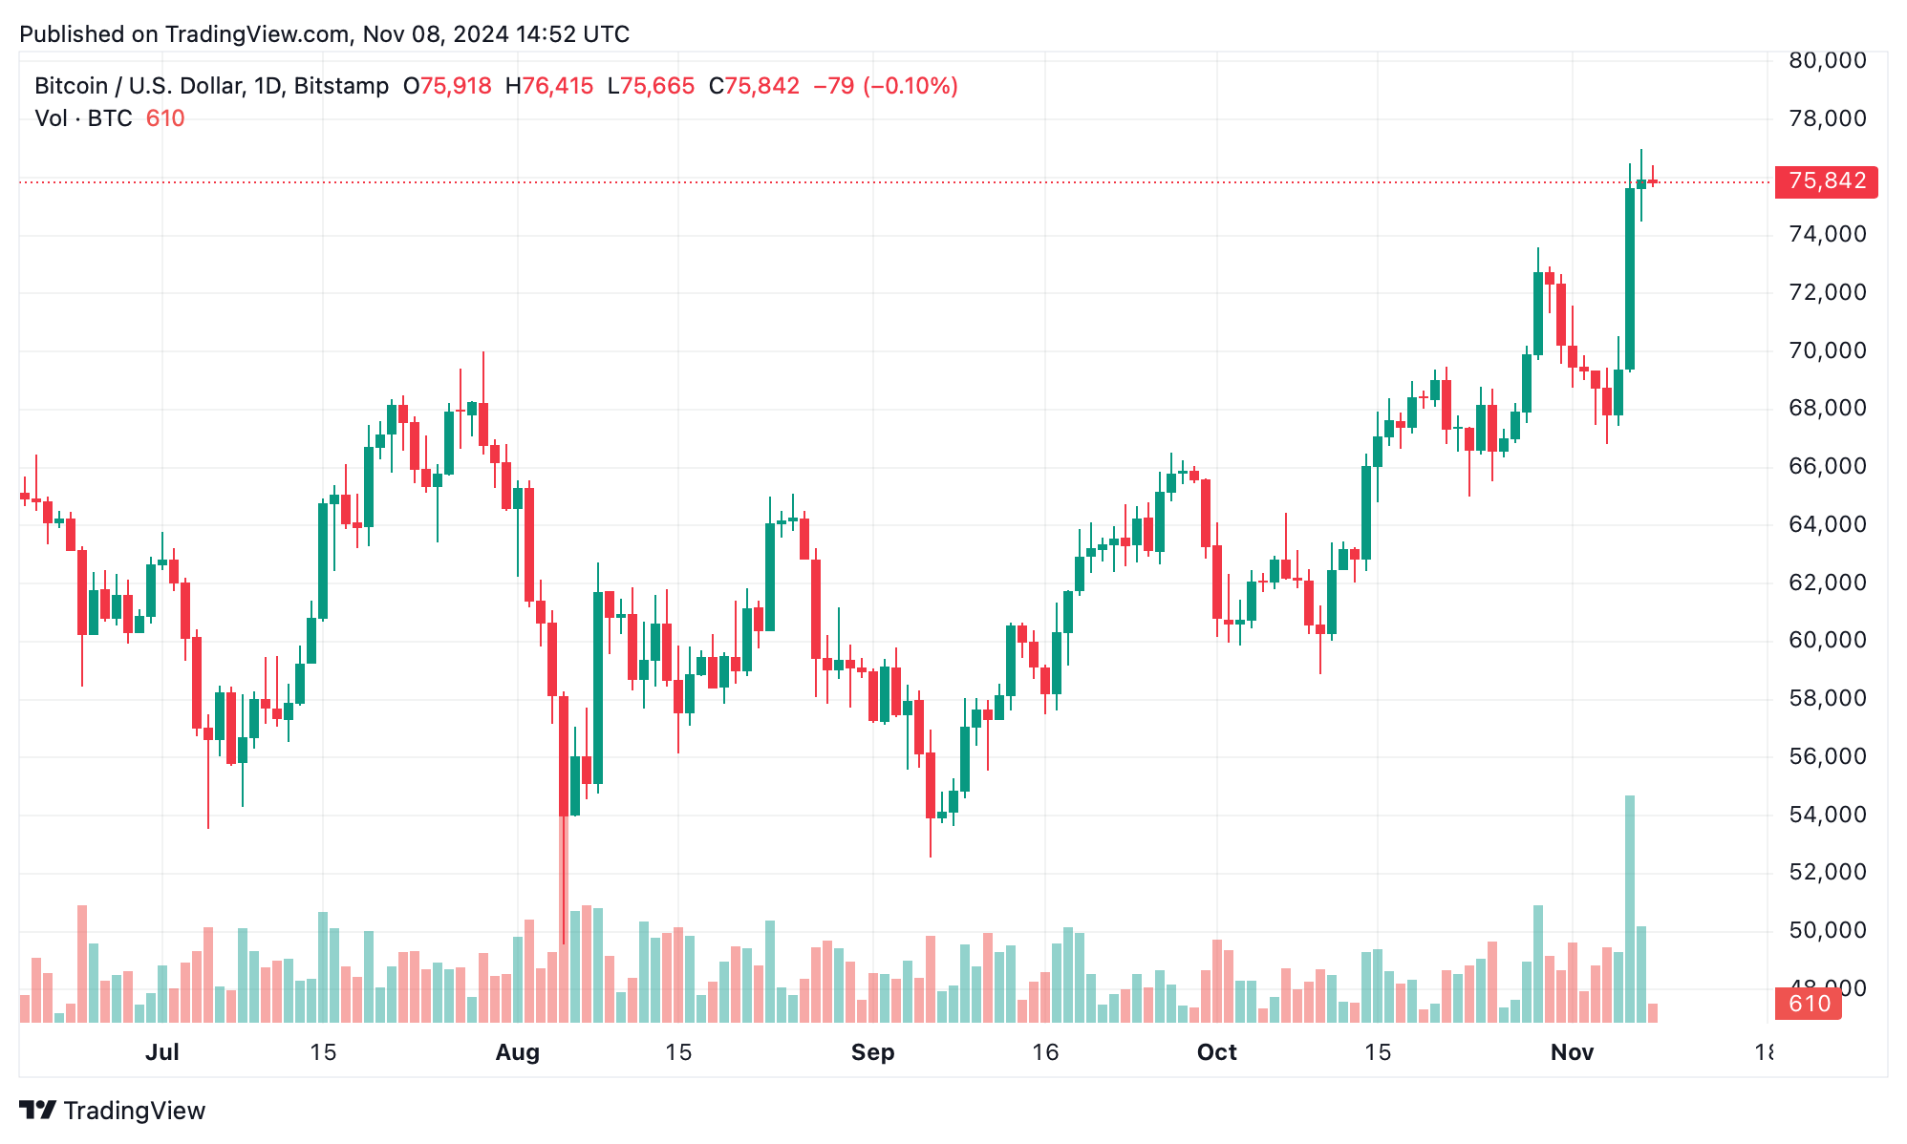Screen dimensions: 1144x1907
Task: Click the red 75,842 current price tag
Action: (x=1826, y=181)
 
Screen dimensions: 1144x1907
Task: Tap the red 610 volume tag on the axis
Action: (x=1808, y=1004)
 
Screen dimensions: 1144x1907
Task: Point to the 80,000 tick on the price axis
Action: (x=1827, y=60)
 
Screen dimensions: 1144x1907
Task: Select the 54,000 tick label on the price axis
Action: (x=1827, y=815)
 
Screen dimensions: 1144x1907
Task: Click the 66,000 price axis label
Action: (x=1827, y=466)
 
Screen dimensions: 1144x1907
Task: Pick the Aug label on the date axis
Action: (x=517, y=1052)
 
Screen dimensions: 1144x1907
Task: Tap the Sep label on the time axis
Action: (x=872, y=1052)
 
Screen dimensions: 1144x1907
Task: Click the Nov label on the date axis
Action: (x=1572, y=1052)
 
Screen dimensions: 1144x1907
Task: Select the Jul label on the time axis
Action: (x=162, y=1052)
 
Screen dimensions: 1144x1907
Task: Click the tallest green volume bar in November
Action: (x=1630, y=907)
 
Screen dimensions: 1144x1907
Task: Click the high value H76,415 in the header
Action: (x=549, y=86)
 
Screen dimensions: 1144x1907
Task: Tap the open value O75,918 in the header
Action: (x=447, y=86)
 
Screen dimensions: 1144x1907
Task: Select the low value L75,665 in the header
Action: (x=651, y=86)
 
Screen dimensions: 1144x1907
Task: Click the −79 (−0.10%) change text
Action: (x=885, y=86)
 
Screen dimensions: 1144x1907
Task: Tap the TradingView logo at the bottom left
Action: (x=113, y=1111)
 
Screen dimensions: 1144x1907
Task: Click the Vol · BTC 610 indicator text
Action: (x=109, y=118)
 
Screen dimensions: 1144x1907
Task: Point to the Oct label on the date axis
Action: (x=1216, y=1052)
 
